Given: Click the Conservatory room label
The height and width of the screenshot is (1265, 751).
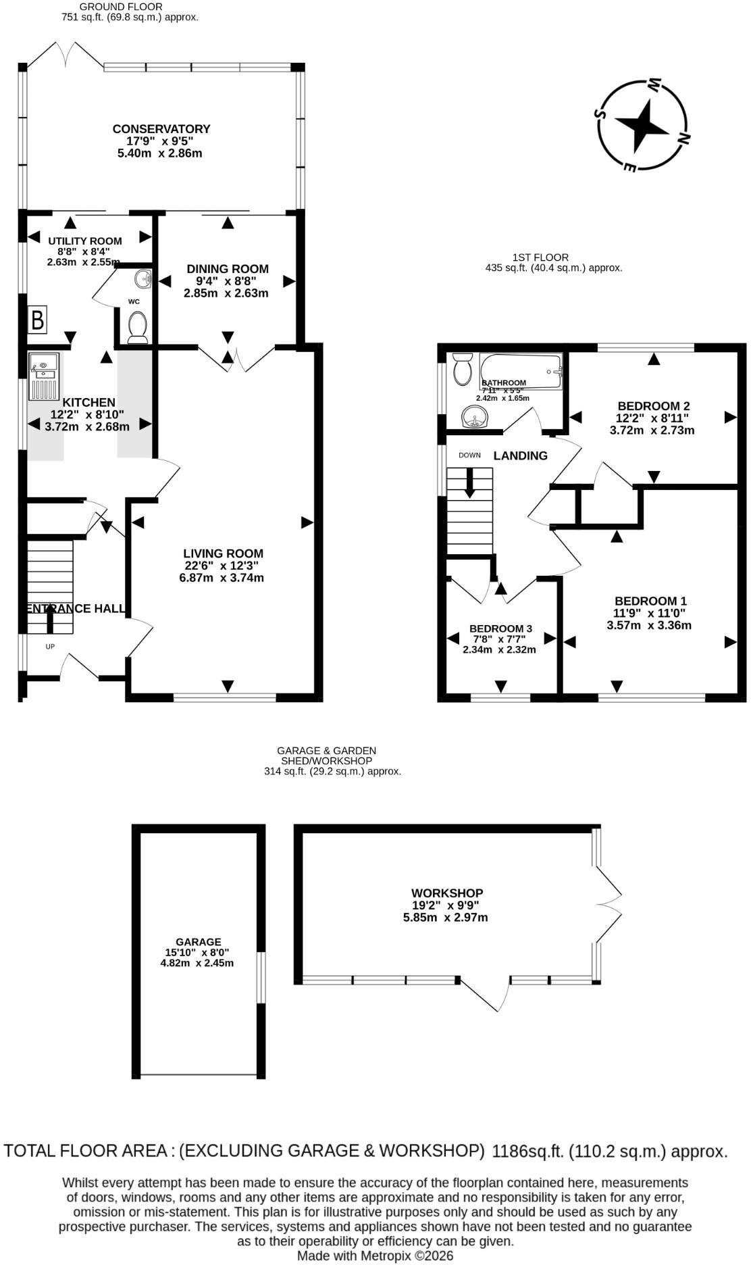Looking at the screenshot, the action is [161, 128].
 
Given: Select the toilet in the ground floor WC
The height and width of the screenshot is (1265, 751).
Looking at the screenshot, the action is [138, 326].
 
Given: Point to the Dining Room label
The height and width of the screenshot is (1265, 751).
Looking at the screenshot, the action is [228, 268].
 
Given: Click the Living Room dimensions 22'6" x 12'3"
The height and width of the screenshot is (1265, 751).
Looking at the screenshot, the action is [222, 566].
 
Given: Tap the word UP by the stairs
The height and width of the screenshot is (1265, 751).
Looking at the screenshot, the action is [50, 647].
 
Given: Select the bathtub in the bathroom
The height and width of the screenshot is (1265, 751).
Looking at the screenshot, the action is [521, 371].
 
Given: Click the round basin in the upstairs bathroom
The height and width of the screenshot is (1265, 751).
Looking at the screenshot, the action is [475, 418].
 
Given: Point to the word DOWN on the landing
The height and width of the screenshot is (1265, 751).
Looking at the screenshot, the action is [469, 455].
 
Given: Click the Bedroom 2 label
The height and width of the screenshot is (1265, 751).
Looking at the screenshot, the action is [653, 406].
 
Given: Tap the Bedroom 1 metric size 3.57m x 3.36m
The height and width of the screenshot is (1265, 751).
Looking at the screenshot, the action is [649, 625].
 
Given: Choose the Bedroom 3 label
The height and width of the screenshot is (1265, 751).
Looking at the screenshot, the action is [501, 628].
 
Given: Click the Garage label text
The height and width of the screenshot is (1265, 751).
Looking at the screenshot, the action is [199, 942].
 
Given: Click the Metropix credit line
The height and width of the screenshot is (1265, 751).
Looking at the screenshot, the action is [375, 1256].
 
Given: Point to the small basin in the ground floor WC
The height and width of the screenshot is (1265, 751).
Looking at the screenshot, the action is [143, 278].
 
